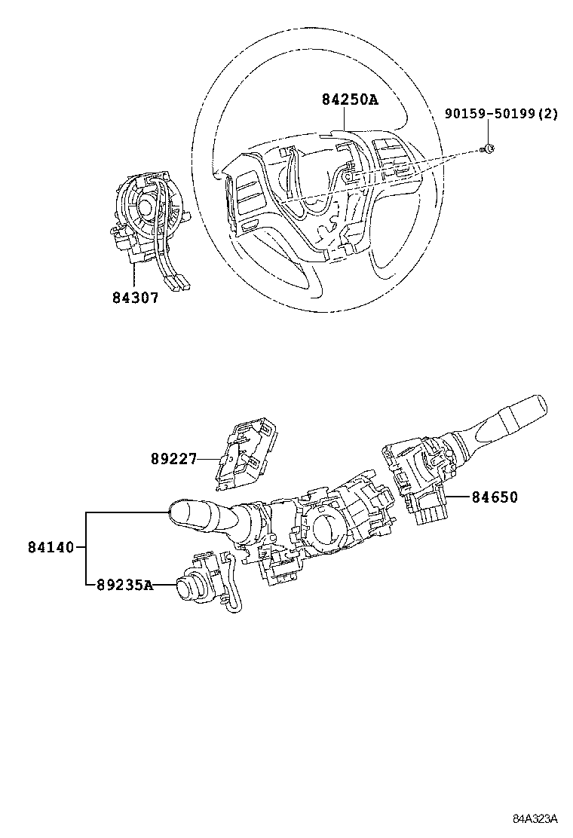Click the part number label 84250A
click(349, 99)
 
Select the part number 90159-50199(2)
click(501, 114)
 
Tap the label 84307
click(135, 298)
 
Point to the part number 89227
click(172, 457)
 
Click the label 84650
click(495, 497)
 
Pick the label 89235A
click(125, 585)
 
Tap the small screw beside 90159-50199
click(488, 148)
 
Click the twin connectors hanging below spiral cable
click(179, 283)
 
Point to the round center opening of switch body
click(326, 528)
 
